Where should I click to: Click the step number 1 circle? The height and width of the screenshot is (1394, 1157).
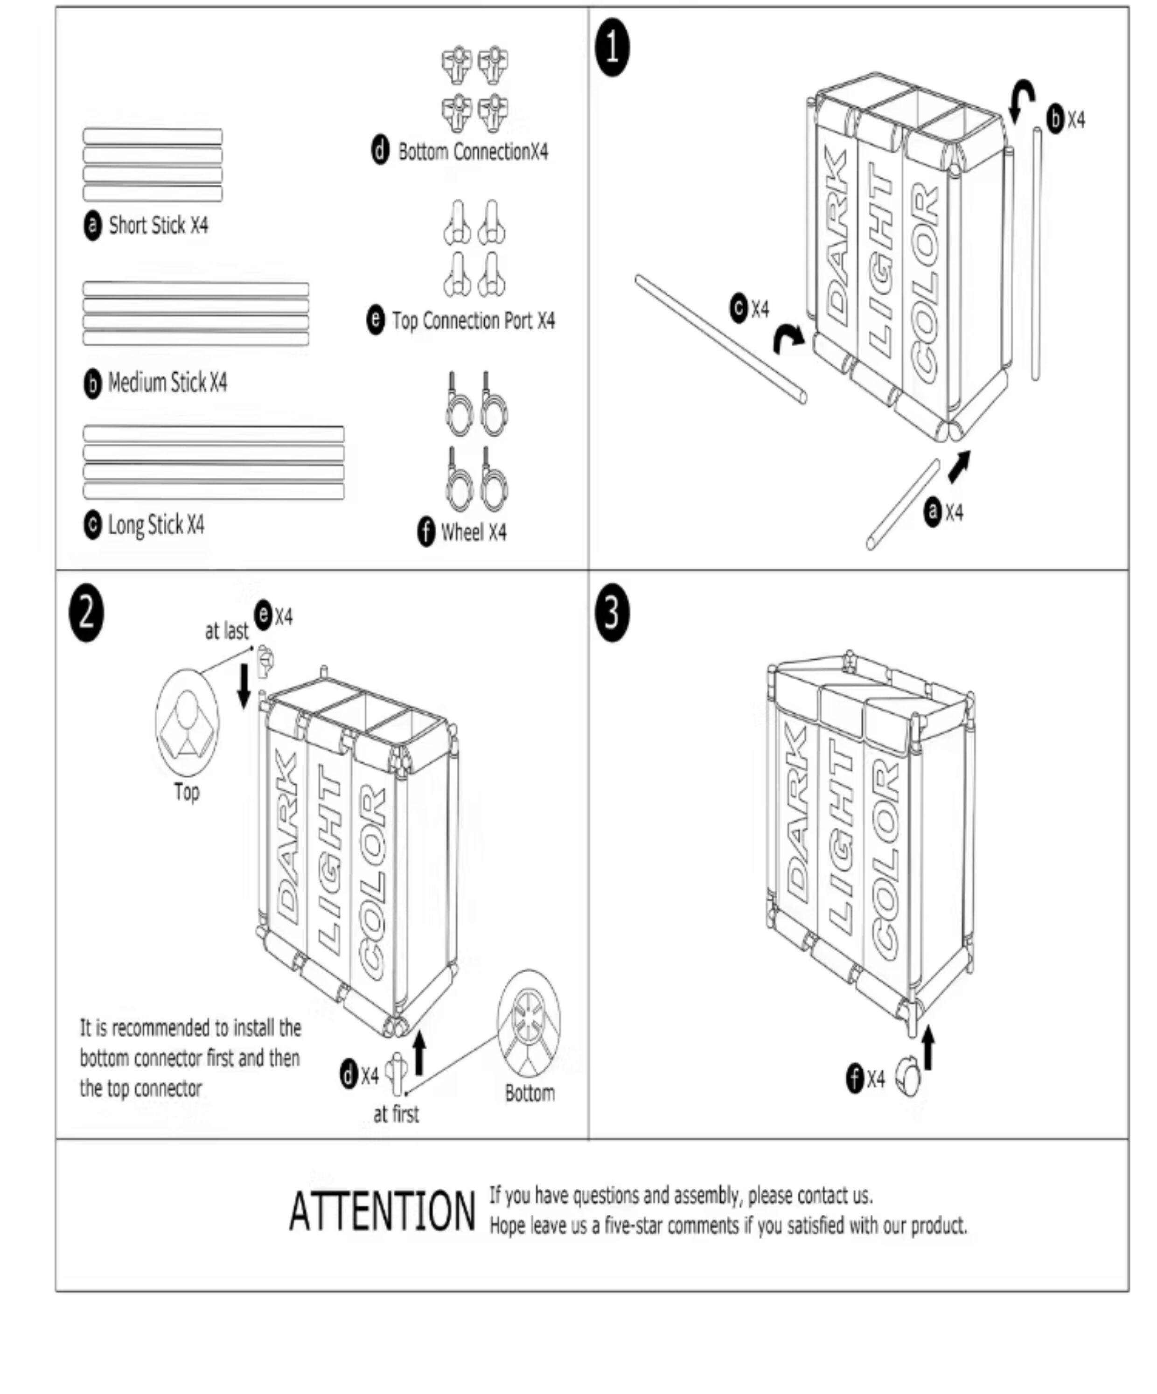click(612, 49)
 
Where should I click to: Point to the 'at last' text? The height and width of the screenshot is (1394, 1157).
click(226, 631)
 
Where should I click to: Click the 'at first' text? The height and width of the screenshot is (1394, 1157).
click(396, 1115)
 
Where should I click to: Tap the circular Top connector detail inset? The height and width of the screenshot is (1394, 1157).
click(187, 722)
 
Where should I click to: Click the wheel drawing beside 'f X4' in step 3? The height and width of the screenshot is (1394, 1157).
click(908, 1078)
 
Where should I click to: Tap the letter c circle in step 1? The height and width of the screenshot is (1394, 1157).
click(738, 309)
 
